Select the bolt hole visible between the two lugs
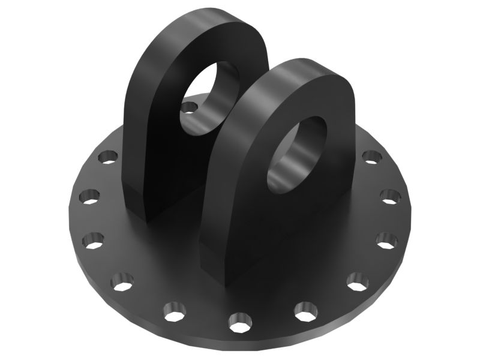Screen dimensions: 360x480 (190, 109)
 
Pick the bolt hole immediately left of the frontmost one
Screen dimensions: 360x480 (175, 312)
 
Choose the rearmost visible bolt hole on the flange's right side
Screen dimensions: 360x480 (371, 157)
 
